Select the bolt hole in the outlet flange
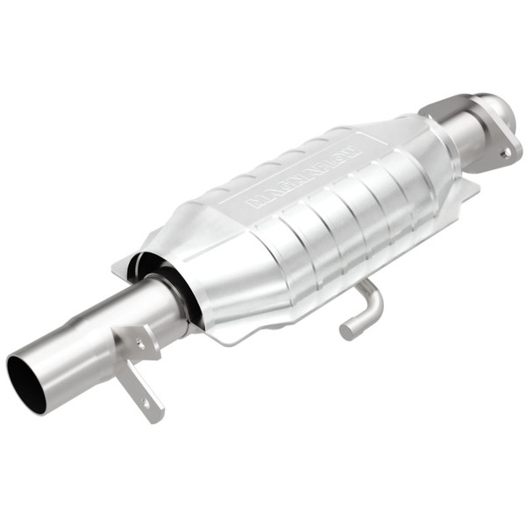click(x=505, y=152)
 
